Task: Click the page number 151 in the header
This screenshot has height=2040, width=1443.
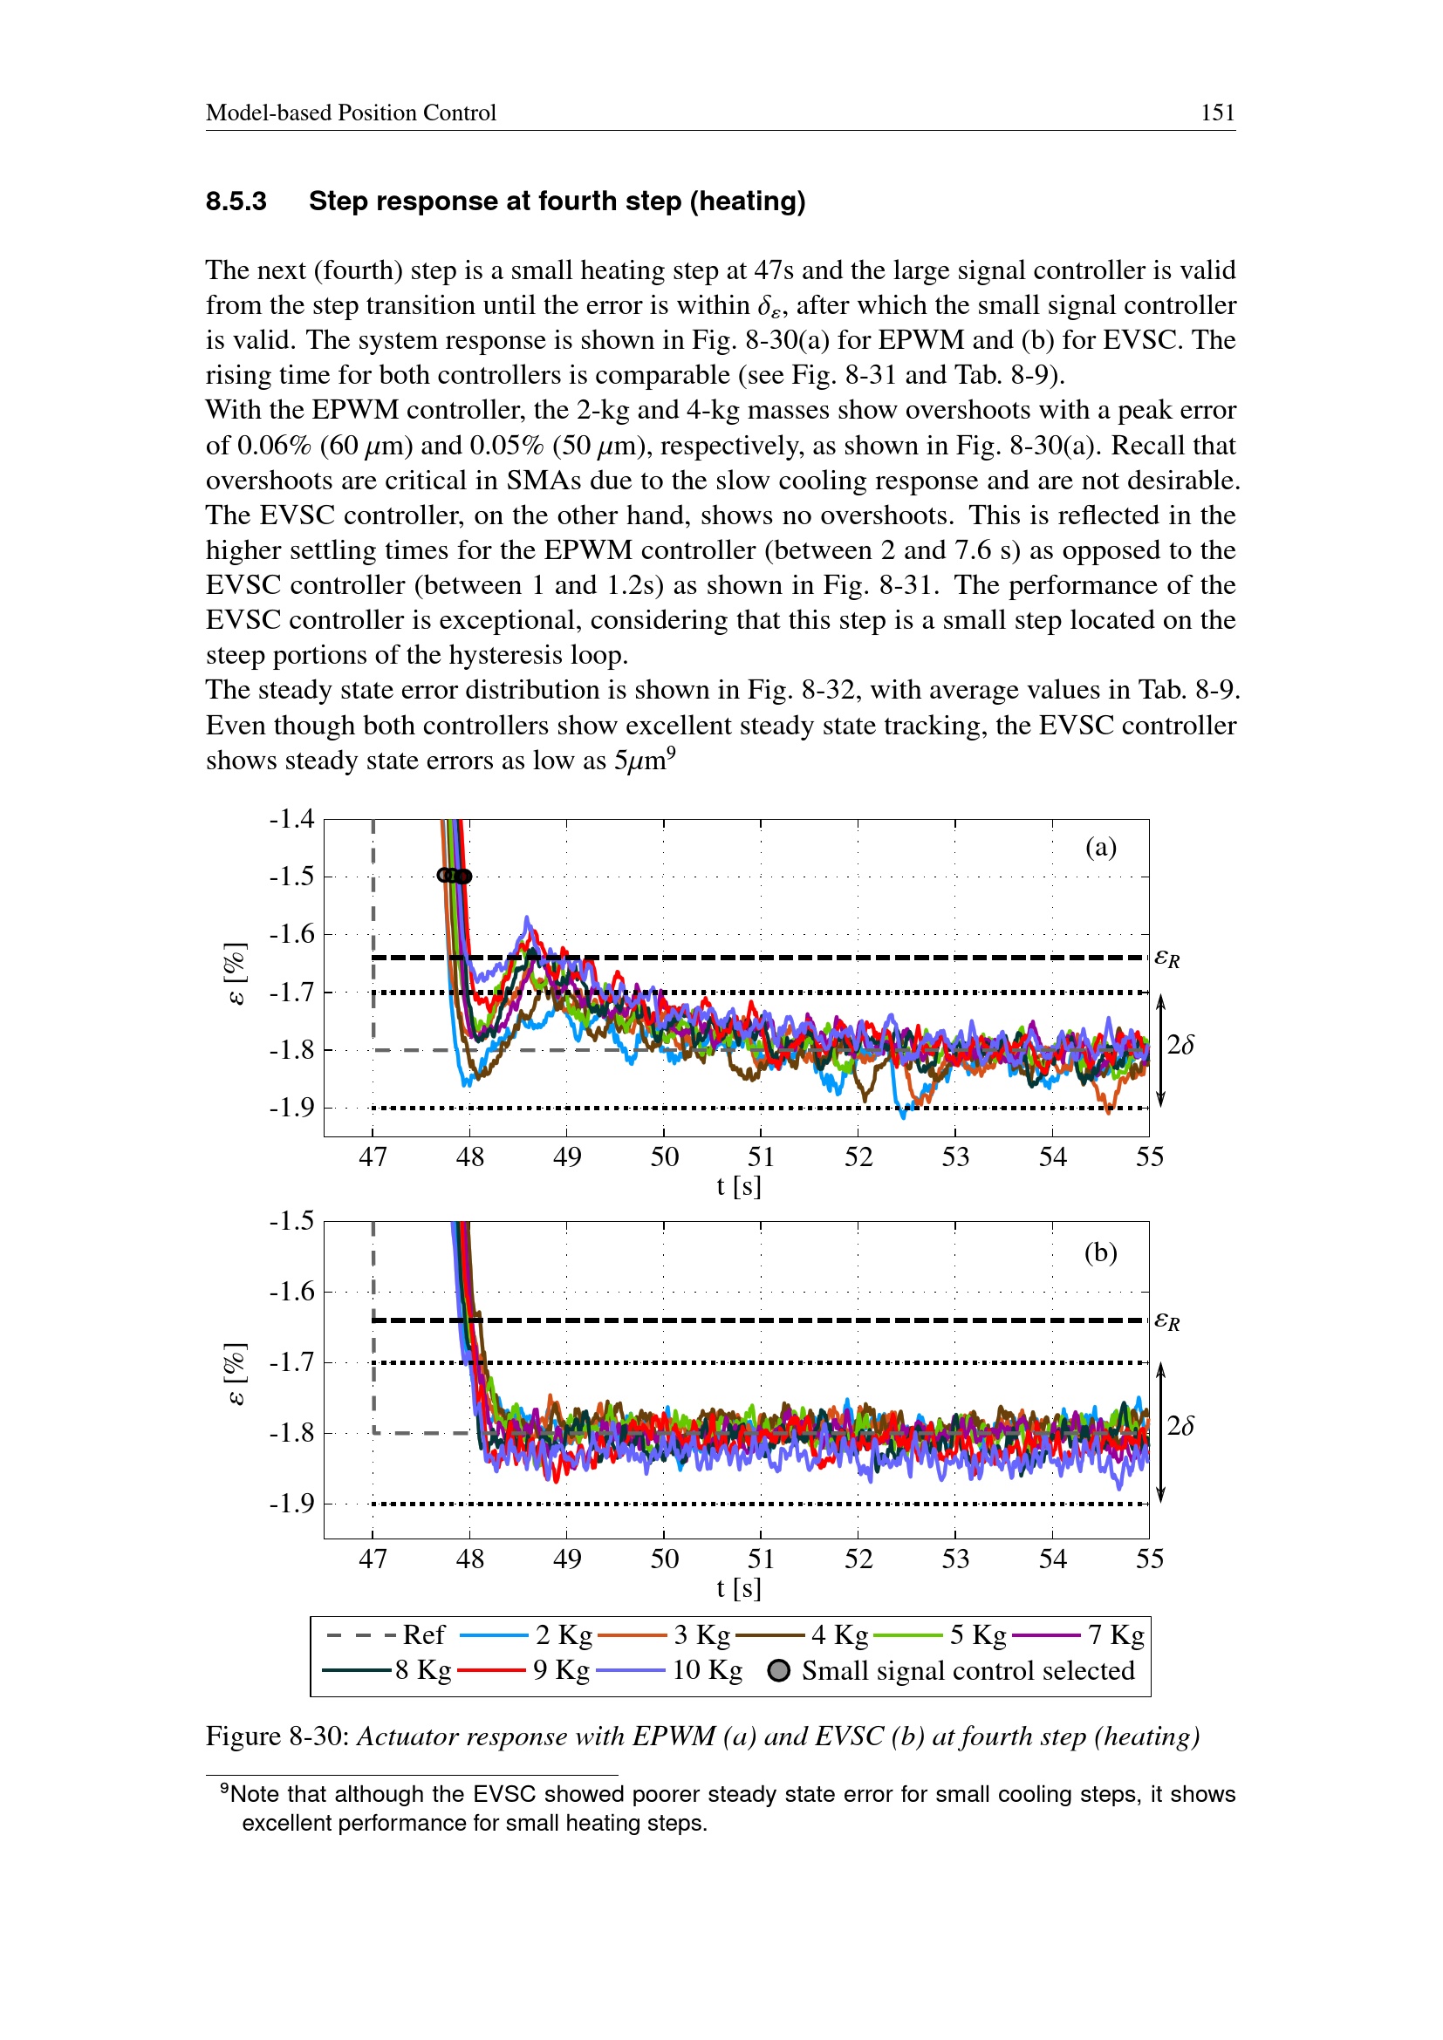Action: tap(1216, 113)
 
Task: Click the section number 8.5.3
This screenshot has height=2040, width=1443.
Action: tap(236, 201)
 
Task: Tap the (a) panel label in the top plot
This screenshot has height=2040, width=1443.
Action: tap(1100, 847)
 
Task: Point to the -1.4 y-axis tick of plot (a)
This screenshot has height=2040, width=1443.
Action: tap(291, 818)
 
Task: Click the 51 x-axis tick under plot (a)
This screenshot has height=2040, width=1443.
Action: tap(761, 1156)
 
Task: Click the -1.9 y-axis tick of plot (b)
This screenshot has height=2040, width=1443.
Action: tap(291, 1504)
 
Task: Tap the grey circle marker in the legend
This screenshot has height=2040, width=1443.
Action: tap(778, 1670)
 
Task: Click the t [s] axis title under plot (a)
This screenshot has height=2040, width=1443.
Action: tap(738, 1186)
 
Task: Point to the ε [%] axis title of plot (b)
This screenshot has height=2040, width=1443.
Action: tap(235, 1374)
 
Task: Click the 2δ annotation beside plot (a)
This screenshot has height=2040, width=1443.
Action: tap(1180, 1045)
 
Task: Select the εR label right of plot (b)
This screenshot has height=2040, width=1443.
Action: tap(1166, 1321)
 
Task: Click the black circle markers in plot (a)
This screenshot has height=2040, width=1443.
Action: tap(454, 875)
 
